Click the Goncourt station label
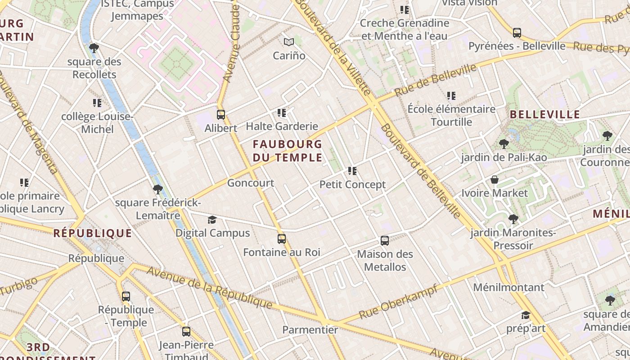(x=250, y=183)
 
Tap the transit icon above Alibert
(x=220, y=115)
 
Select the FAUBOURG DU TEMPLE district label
(x=287, y=151)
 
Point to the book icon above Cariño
(x=289, y=42)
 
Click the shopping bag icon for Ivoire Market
(x=495, y=180)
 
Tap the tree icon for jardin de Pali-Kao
(x=504, y=144)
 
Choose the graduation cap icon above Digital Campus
(x=212, y=220)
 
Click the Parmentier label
(x=310, y=330)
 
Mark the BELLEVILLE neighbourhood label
(x=544, y=114)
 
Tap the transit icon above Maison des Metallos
(x=385, y=241)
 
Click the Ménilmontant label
(x=508, y=287)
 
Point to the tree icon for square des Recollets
(x=94, y=48)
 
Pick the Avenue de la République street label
(x=209, y=288)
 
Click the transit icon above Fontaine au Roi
(x=282, y=239)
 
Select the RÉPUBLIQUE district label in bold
(x=93, y=233)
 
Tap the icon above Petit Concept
(x=352, y=171)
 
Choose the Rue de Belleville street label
(x=435, y=80)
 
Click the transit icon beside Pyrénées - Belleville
(x=517, y=33)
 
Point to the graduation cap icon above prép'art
(x=526, y=315)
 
